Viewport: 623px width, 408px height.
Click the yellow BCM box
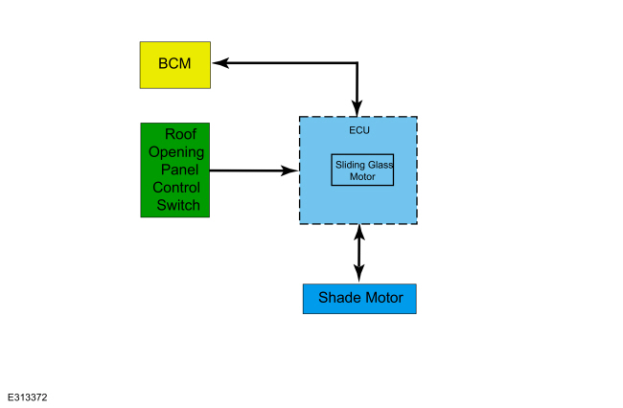coord(175,64)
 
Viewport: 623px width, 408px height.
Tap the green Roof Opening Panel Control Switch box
coord(175,170)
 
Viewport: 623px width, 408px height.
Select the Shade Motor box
coord(359,298)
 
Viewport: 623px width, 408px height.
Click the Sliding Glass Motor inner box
coord(362,170)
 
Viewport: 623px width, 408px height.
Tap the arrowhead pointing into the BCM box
coord(219,64)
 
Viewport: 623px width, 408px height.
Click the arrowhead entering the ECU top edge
coord(358,108)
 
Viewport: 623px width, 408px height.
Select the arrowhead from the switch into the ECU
coord(290,170)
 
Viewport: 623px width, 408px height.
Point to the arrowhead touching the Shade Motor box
coord(359,276)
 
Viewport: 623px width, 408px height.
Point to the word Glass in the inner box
coord(381,165)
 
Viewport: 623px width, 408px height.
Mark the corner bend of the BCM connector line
coord(358,64)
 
